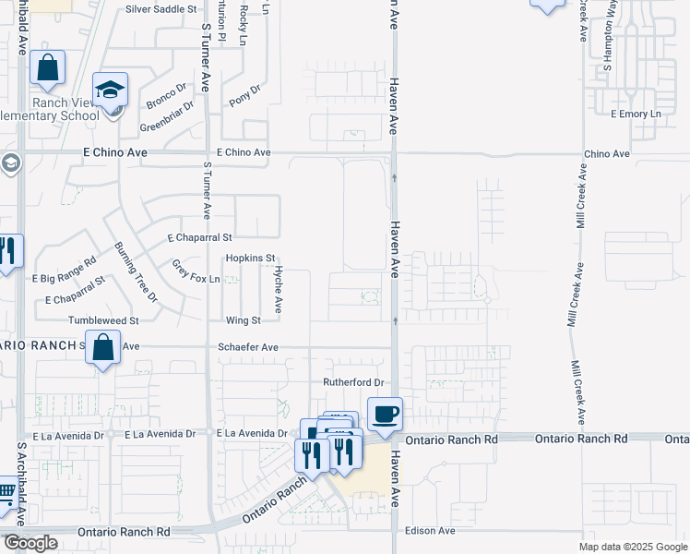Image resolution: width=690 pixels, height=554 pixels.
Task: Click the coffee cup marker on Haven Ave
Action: [385, 414]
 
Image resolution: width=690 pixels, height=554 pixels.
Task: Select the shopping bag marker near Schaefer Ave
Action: [103, 349]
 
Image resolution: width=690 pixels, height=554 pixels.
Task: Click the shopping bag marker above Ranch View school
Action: [47, 68]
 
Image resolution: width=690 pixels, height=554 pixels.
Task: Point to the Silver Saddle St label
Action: [162, 8]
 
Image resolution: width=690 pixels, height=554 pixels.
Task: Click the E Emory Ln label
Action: [636, 114]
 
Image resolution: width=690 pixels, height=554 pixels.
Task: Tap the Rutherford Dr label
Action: [352, 382]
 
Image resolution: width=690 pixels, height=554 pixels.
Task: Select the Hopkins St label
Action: [251, 259]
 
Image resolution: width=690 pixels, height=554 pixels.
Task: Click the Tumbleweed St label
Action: [103, 320]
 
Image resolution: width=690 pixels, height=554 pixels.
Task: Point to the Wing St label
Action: [244, 320]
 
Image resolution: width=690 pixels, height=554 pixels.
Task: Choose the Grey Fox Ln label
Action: [196, 271]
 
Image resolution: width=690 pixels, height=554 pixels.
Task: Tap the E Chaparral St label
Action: [199, 237]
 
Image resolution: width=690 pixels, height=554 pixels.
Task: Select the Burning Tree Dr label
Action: [135, 271]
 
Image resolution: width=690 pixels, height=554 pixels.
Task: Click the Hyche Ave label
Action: [277, 289]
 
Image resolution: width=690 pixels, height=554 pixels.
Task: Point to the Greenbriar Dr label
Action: [166, 117]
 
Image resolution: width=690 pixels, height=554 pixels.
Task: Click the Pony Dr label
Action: [245, 95]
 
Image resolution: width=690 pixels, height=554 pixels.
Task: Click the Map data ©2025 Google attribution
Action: [632, 547]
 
